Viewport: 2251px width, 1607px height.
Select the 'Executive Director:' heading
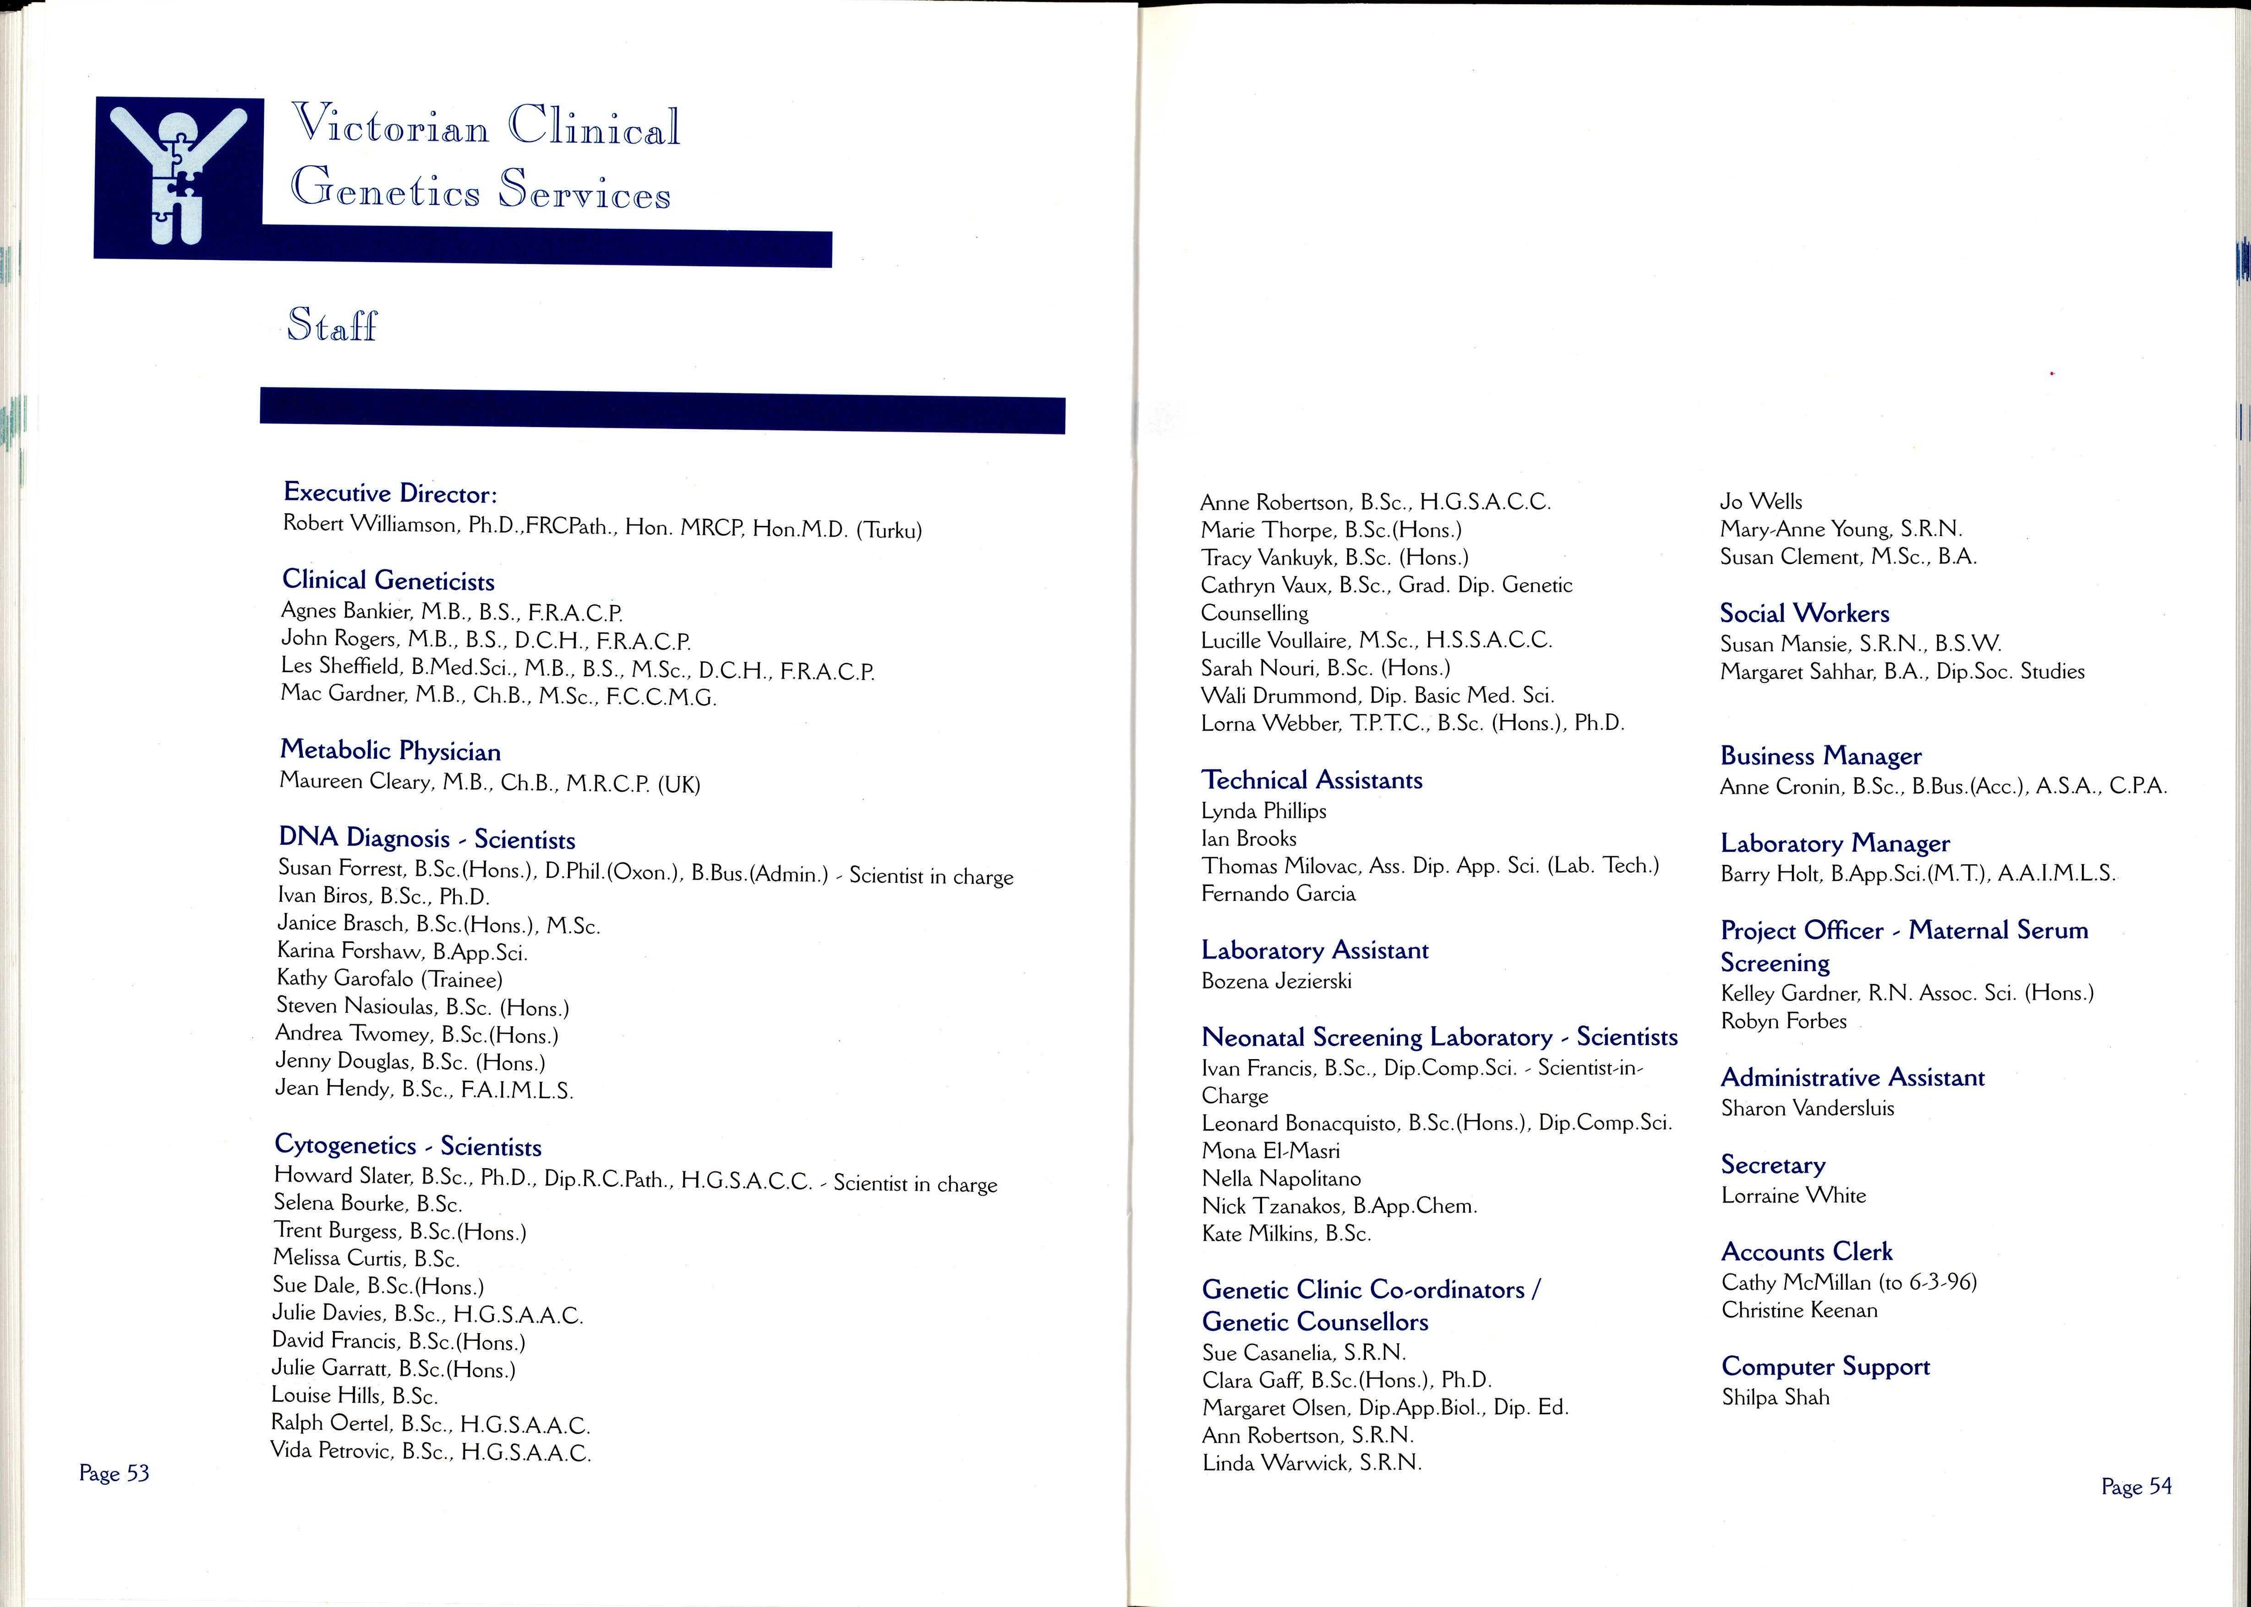pos(390,493)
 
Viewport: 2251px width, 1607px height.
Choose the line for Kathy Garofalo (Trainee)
pos(389,978)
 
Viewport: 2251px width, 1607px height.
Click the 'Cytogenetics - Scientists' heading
pos(408,1146)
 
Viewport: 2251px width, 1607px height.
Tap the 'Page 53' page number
pos(114,1473)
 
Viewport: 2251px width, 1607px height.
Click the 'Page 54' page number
pos(2136,1486)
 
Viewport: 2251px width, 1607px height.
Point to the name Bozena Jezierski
pos(1275,981)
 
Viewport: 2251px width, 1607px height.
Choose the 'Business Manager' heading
pos(1820,756)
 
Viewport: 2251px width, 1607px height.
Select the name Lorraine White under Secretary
pos(1793,1195)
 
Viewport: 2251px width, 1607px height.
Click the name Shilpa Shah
pos(1775,1397)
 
